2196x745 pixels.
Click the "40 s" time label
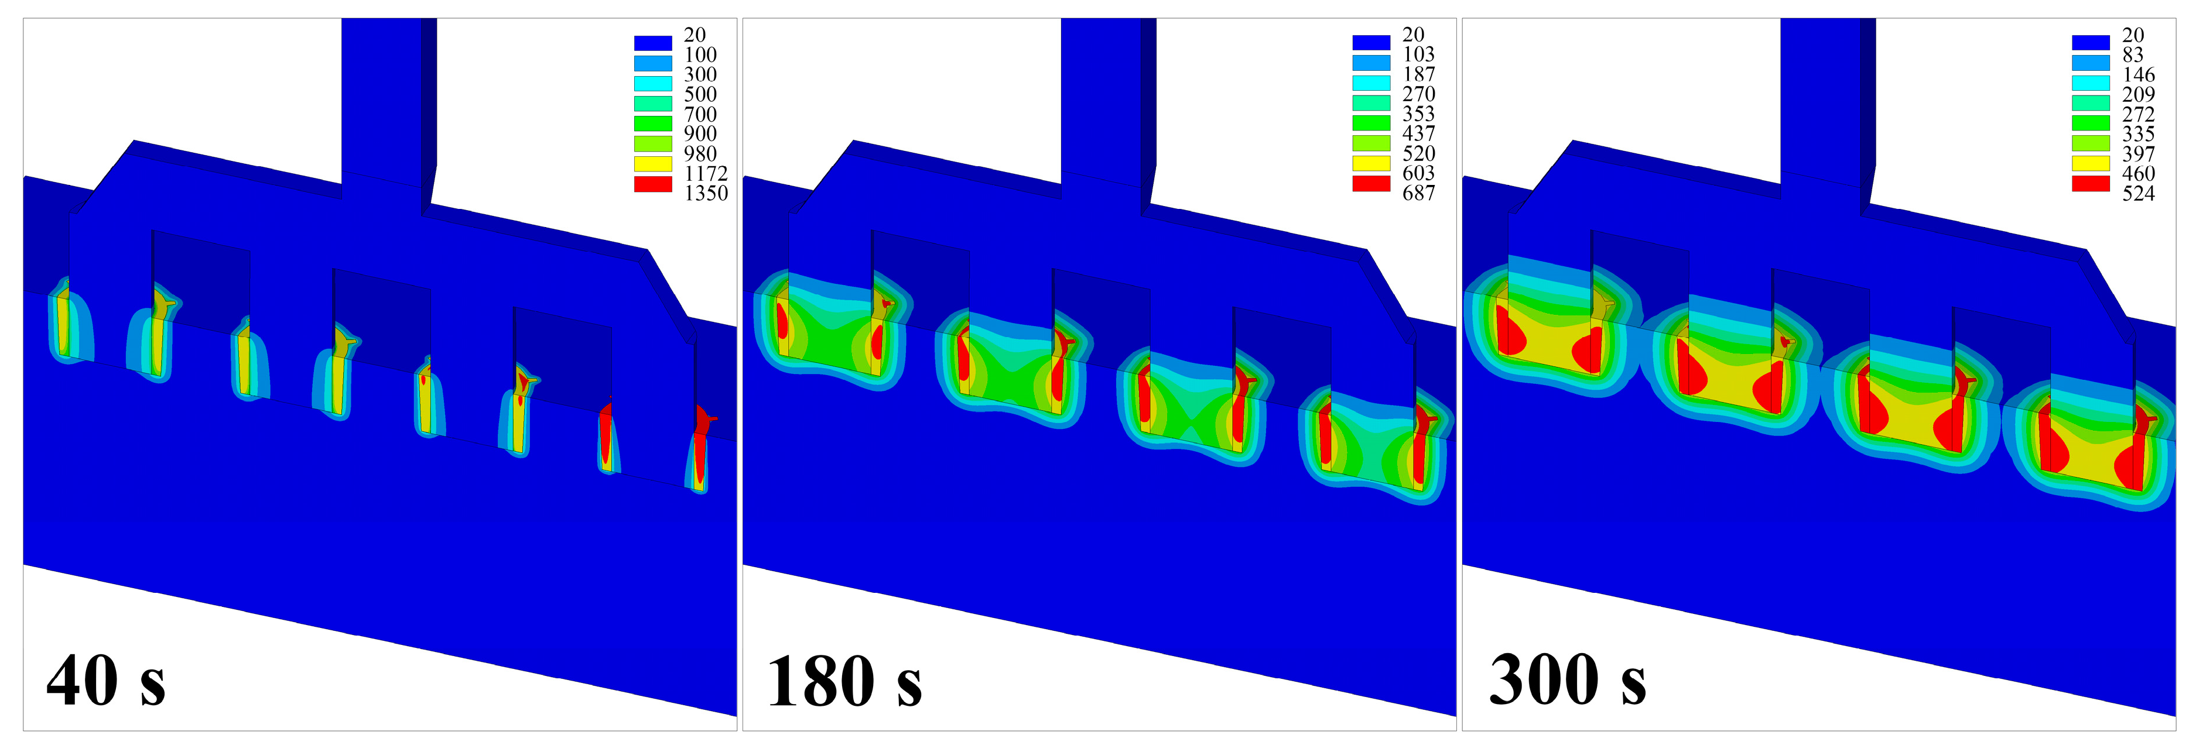[107, 681]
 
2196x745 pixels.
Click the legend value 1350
[706, 194]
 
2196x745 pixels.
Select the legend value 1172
[706, 174]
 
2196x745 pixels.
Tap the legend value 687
[1418, 194]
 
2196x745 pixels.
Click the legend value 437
[1418, 134]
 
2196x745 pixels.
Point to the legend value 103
[1418, 54]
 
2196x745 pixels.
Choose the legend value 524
[2138, 194]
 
